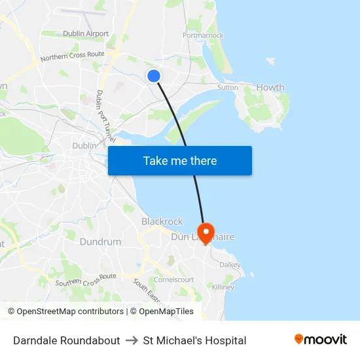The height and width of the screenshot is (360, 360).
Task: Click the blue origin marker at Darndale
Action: pyautogui.click(x=154, y=76)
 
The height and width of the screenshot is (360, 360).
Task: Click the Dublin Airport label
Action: pyautogui.click(x=86, y=33)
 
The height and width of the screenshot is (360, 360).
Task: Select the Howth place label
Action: pyautogui.click(x=270, y=87)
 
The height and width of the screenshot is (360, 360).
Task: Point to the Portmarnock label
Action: pyautogui.click(x=204, y=35)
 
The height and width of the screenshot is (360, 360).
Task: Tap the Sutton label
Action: pyautogui.click(x=228, y=86)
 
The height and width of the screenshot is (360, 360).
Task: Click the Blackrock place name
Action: pyautogui.click(x=162, y=221)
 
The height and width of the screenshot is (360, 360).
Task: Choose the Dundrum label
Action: pyautogui.click(x=100, y=242)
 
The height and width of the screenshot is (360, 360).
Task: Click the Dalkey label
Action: pyautogui.click(x=230, y=264)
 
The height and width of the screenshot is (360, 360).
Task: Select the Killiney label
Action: pyautogui.click(x=223, y=287)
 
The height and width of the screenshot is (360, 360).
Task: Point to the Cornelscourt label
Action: pyautogui.click(x=173, y=279)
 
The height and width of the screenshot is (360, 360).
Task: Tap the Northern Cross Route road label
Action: pyautogui.click(x=72, y=57)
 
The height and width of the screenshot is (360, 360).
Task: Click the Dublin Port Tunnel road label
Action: pyautogui.click(x=105, y=117)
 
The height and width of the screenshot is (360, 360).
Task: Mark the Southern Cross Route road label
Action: pyautogui.click(x=86, y=279)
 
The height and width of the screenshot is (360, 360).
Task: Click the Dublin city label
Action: pyautogui.click(x=84, y=145)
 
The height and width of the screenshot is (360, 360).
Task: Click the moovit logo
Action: pyautogui.click(x=320, y=340)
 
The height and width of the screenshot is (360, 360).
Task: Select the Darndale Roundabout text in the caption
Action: pyautogui.click(x=67, y=340)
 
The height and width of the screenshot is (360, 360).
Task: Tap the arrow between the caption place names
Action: pyautogui.click(x=132, y=340)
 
